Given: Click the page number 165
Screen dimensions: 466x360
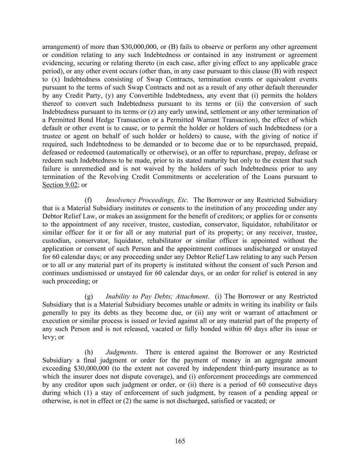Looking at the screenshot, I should (180, 441).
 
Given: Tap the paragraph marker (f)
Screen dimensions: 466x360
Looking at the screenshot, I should (88, 200).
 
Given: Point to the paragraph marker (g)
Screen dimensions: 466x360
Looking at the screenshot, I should (88, 296).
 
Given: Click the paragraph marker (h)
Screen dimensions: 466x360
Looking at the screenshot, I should (88, 352).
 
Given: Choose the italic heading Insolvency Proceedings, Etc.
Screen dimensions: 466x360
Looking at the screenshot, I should (146, 200).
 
